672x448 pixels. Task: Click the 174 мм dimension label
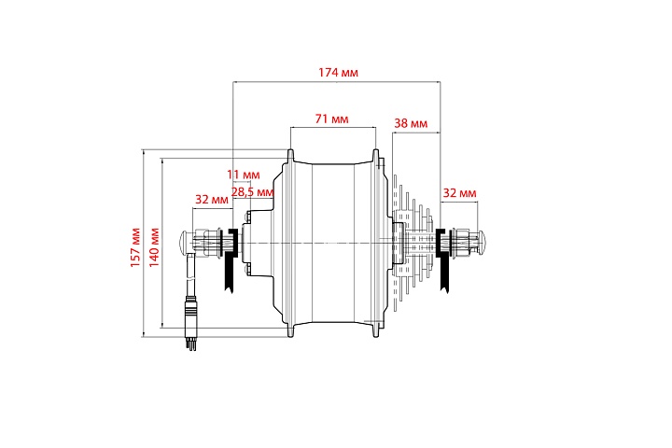point(338,73)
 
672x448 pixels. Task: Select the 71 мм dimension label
point(331,119)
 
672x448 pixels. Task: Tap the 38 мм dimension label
point(411,123)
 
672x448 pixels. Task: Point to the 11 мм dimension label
point(243,175)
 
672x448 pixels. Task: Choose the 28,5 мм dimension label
point(252,192)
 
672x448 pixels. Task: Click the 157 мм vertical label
point(135,247)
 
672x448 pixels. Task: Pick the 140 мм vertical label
point(154,247)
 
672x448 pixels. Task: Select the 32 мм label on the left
point(212,200)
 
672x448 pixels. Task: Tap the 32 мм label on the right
point(459,193)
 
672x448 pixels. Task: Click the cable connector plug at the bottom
point(190,316)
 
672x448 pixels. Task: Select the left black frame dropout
point(230,260)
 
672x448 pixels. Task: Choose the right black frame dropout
point(443,260)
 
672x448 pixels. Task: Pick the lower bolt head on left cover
point(246,269)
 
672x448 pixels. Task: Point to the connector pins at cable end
point(191,343)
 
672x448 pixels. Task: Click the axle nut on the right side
point(462,243)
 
